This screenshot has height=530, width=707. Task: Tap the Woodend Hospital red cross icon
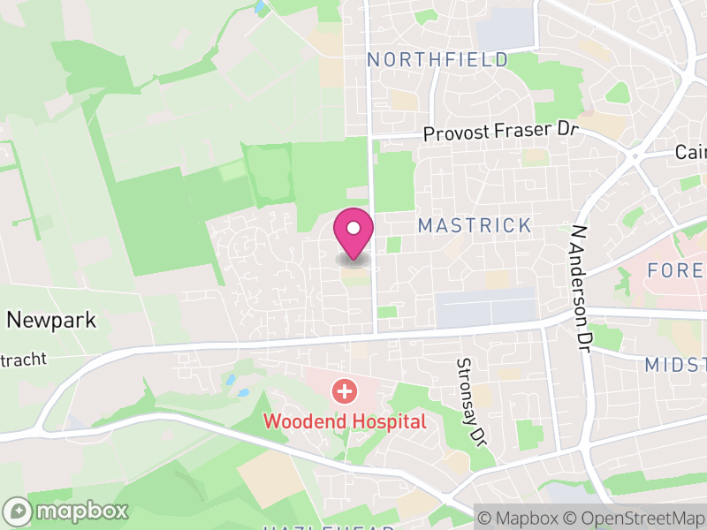coord(344,390)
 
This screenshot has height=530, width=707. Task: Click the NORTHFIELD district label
coord(437,60)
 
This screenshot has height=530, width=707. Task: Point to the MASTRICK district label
coord(475,226)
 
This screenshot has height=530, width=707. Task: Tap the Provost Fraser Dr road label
coord(499,132)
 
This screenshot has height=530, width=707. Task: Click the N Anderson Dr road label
coord(581,284)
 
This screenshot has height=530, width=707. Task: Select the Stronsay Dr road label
coord(472,402)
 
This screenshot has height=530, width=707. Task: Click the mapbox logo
coord(67,511)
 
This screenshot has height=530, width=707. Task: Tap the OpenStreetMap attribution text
coord(633,517)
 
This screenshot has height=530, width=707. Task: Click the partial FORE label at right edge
coord(676,270)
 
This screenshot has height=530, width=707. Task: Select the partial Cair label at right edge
coord(691,152)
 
